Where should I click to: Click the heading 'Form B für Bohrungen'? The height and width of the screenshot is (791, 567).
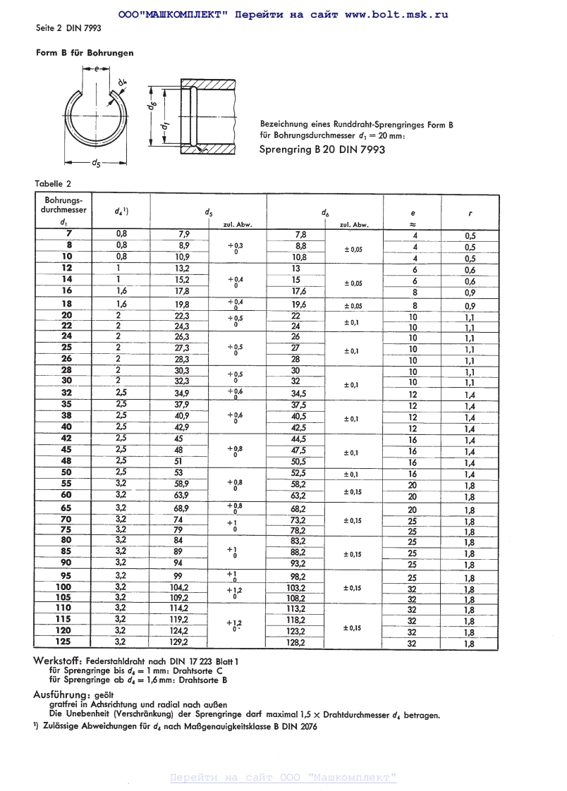(85, 53)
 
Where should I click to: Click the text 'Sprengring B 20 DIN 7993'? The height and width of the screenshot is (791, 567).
(322, 149)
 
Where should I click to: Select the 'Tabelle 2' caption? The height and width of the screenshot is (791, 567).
(53, 184)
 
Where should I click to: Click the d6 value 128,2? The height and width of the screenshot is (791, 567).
(295, 642)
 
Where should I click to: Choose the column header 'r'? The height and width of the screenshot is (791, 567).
(470, 212)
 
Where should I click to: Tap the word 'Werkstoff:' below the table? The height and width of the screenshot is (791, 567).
(58, 661)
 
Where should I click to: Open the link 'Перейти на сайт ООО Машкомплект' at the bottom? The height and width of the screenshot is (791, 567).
(283, 778)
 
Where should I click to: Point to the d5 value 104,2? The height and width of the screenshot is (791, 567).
(180, 587)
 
